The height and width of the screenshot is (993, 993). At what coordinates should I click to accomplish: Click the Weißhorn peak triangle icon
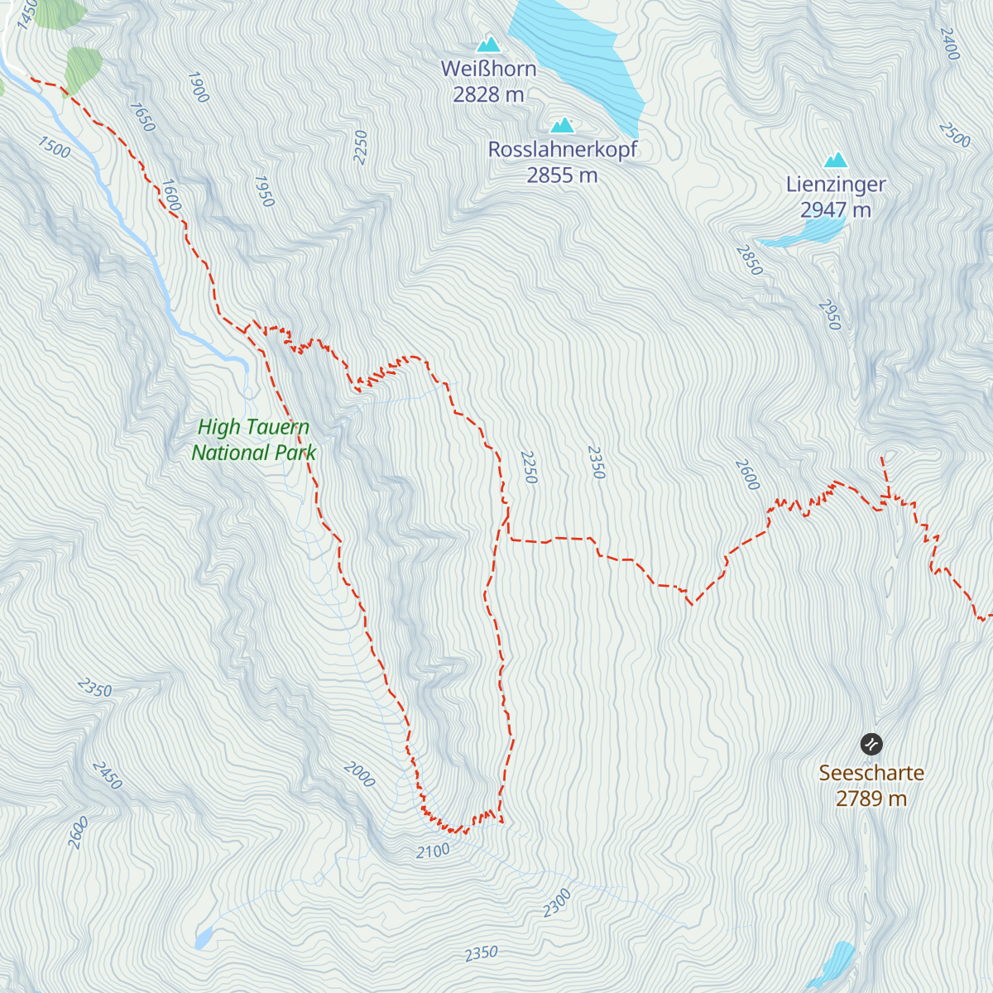coord(488,44)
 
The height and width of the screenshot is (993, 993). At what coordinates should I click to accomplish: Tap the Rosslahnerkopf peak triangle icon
coord(563,125)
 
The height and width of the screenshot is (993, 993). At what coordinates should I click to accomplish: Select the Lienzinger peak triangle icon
coord(836,160)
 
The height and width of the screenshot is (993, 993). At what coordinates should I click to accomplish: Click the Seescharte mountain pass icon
coord(871,744)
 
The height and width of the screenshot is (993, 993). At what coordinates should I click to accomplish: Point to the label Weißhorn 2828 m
coord(488,81)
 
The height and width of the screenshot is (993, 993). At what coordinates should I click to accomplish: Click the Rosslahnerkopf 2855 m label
coord(563,162)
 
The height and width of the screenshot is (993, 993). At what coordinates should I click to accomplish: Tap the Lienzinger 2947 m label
coord(836,197)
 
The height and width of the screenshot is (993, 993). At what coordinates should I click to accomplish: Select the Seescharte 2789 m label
coord(871,785)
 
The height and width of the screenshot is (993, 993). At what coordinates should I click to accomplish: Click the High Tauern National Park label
coord(253,439)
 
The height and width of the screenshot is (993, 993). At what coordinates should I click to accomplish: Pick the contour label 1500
coord(54,147)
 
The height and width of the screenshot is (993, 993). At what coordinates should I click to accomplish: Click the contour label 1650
coord(142,117)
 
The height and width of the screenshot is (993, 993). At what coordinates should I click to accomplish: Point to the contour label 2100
coord(433,851)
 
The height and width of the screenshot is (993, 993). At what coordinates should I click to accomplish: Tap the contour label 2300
coord(557,903)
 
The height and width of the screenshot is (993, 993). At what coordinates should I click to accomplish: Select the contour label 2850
coord(749,260)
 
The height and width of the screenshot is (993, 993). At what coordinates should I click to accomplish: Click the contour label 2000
coord(359,775)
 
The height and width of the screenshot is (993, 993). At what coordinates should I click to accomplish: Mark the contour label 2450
coord(107,775)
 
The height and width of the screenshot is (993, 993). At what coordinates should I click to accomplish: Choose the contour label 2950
coord(829,314)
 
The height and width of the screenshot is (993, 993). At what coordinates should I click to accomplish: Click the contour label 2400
coord(949,44)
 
